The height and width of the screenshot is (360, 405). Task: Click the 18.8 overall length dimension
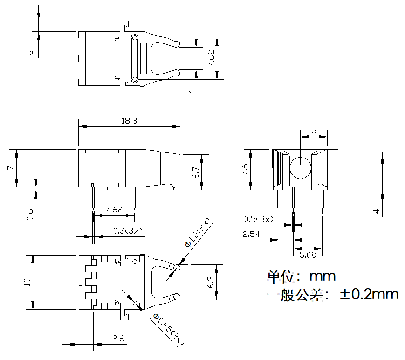pos(129,121)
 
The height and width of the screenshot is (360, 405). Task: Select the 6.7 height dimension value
pos(196,173)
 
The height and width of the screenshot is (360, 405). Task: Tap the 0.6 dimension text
pos(30,214)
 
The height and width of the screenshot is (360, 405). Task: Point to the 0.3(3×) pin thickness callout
pos(128,231)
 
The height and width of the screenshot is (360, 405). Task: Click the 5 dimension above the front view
pos(314,131)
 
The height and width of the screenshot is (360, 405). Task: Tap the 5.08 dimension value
pos(308,255)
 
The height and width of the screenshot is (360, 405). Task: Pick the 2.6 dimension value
pos(118,339)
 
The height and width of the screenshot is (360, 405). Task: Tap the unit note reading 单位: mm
pos(301,276)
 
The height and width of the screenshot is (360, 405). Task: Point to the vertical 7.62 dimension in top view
pos(211,58)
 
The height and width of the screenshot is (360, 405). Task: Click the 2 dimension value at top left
pos(32,53)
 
